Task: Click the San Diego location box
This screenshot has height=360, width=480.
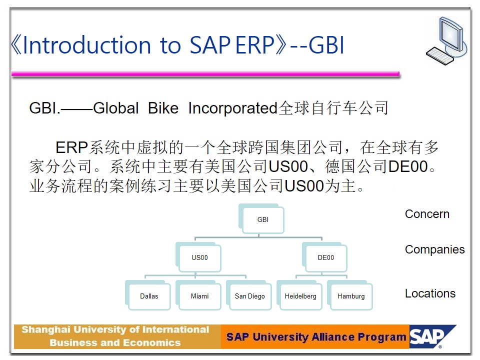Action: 249,295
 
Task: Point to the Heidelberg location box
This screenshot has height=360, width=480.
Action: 299,295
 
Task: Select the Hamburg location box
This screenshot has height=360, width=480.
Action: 350,295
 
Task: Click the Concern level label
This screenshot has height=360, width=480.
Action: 427,214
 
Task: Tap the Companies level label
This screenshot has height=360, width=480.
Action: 434,250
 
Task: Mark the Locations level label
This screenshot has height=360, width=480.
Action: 430,293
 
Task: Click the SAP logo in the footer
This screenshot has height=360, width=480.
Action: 432,336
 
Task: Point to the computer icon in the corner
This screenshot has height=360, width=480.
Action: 447,41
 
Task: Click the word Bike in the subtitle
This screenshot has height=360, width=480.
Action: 163,108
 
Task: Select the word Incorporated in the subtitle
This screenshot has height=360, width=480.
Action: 232,108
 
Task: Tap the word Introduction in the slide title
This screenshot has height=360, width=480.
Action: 87,45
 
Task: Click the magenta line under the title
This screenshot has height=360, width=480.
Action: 205,74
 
